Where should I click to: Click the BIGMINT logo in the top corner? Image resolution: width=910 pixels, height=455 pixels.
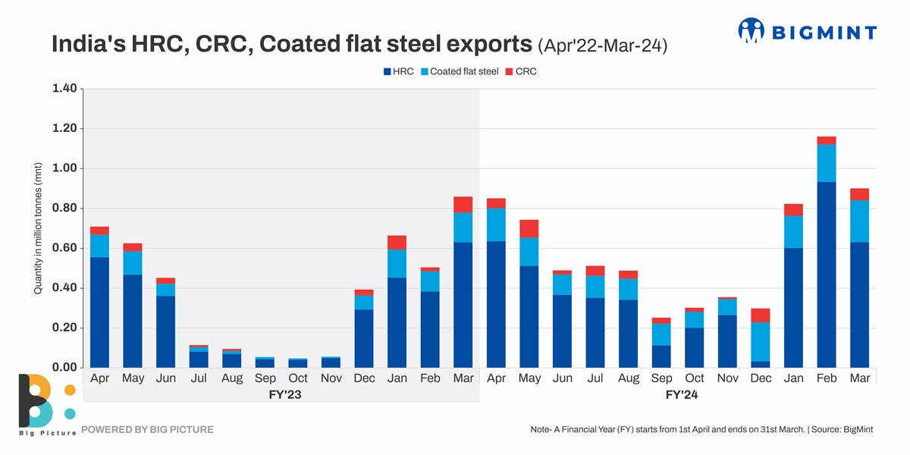[807, 31]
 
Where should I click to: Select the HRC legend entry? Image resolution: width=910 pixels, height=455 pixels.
[398, 72]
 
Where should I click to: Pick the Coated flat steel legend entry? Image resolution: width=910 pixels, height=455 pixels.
[459, 72]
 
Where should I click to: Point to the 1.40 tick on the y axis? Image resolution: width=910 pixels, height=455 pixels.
[64, 89]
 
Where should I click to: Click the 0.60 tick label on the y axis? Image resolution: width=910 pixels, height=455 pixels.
[64, 248]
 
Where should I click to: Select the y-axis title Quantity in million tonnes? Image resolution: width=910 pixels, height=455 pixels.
[36, 227]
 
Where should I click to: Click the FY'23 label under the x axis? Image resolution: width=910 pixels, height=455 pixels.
[281, 395]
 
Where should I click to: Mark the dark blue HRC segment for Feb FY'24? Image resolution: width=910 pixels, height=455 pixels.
[827, 275]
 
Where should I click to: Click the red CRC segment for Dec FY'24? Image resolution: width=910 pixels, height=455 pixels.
[761, 315]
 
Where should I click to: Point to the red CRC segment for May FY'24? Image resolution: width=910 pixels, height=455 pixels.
[529, 228]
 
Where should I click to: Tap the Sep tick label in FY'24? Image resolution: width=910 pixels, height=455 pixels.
[661, 378]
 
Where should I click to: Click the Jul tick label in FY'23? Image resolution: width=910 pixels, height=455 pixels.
[199, 378]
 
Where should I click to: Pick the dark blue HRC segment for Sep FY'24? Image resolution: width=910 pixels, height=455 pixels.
[661, 356]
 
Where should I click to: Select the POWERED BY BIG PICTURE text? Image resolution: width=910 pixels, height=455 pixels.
[147, 430]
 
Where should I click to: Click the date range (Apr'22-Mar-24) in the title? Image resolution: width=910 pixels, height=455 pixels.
[602, 46]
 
